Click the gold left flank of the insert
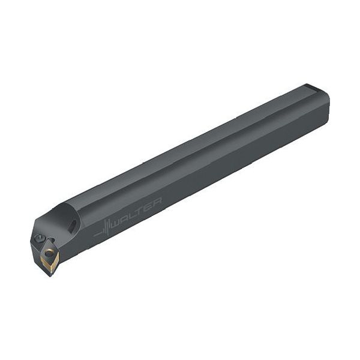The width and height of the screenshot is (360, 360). point(44,262)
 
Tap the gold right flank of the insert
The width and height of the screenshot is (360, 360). point(56,261)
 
